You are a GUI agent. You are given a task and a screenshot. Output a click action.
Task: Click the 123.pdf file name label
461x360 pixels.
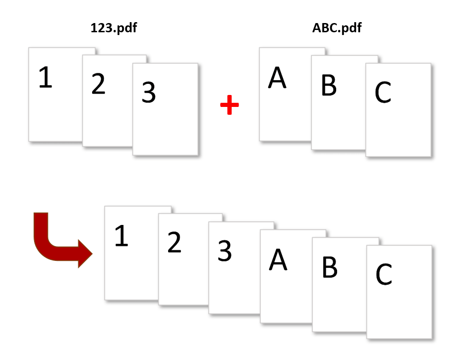click(x=114, y=28)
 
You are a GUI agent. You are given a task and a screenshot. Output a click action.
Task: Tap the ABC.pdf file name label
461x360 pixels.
click(x=337, y=28)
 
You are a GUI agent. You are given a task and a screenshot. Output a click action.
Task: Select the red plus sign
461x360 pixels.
click(x=230, y=105)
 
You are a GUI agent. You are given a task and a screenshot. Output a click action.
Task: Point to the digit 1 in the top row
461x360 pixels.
click(x=46, y=77)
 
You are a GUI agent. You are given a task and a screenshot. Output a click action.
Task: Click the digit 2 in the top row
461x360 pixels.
click(x=98, y=84)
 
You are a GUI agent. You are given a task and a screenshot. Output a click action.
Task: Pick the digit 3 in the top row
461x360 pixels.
click(x=149, y=93)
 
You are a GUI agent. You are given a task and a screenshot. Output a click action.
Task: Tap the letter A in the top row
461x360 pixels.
click(x=277, y=78)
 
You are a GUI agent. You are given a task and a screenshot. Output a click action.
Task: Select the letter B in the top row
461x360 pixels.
click(x=329, y=85)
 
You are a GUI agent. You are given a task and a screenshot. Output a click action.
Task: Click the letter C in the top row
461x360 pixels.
click(x=383, y=93)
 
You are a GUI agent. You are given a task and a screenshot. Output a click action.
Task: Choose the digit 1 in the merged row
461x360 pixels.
click(x=122, y=236)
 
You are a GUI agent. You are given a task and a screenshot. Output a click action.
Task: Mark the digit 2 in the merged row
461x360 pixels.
click(x=175, y=242)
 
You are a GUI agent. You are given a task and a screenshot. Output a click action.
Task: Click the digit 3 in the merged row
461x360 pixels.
click(x=225, y=251)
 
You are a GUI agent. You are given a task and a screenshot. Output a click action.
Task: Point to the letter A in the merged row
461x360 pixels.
click(x=278, y=260)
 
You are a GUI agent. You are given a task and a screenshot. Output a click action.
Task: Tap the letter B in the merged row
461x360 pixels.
click(x=330, y=267)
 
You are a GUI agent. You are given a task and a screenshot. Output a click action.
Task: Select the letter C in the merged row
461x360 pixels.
click(x=384, y=274)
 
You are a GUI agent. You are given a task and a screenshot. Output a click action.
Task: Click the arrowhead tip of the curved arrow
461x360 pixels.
click(x=92, y=254)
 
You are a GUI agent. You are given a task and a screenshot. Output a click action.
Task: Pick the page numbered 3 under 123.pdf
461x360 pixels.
click(x=165, y=109)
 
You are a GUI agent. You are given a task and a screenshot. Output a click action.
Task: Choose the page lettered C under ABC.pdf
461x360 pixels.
click(x=398, y=110)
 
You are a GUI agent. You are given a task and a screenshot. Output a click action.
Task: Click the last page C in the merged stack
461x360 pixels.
click(x=399, y=292)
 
